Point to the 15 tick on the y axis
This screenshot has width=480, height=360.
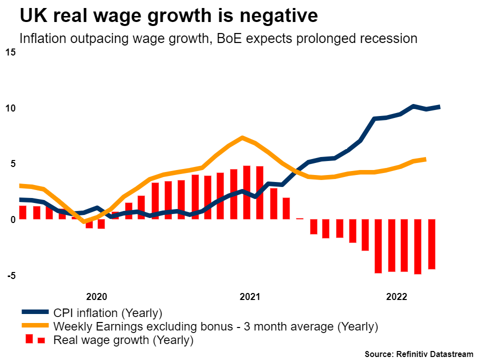(x=11, y=52)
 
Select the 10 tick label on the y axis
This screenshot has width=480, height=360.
(x=11, y=108)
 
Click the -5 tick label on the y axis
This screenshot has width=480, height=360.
(x=11, y=275)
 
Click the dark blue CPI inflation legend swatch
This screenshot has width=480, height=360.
(x=34, y=313)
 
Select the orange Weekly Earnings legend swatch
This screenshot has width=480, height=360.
(x=34, y=327)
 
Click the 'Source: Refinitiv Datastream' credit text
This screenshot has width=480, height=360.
(x=418, y=354)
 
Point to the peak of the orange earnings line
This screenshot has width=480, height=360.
(x=242, y=137)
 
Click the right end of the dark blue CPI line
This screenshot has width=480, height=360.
(x=439, y=106)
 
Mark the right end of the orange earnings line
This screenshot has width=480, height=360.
(x=425, y=159)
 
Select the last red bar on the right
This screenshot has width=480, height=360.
(x=431, y=244)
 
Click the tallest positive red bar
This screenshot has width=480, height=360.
(x=246, y=192)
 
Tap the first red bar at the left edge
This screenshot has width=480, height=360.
(x=22, y=212)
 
